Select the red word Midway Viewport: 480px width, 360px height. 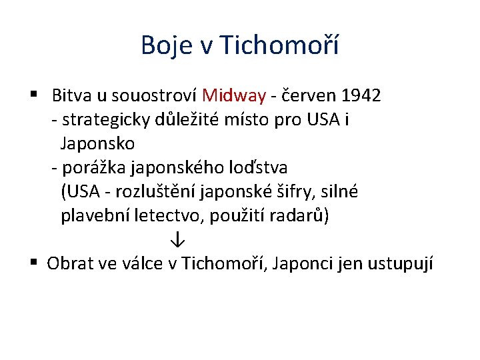(x=233, y=95)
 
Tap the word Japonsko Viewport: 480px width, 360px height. (x=97, y=143)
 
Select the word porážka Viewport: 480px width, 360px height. (x=94, y=167)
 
